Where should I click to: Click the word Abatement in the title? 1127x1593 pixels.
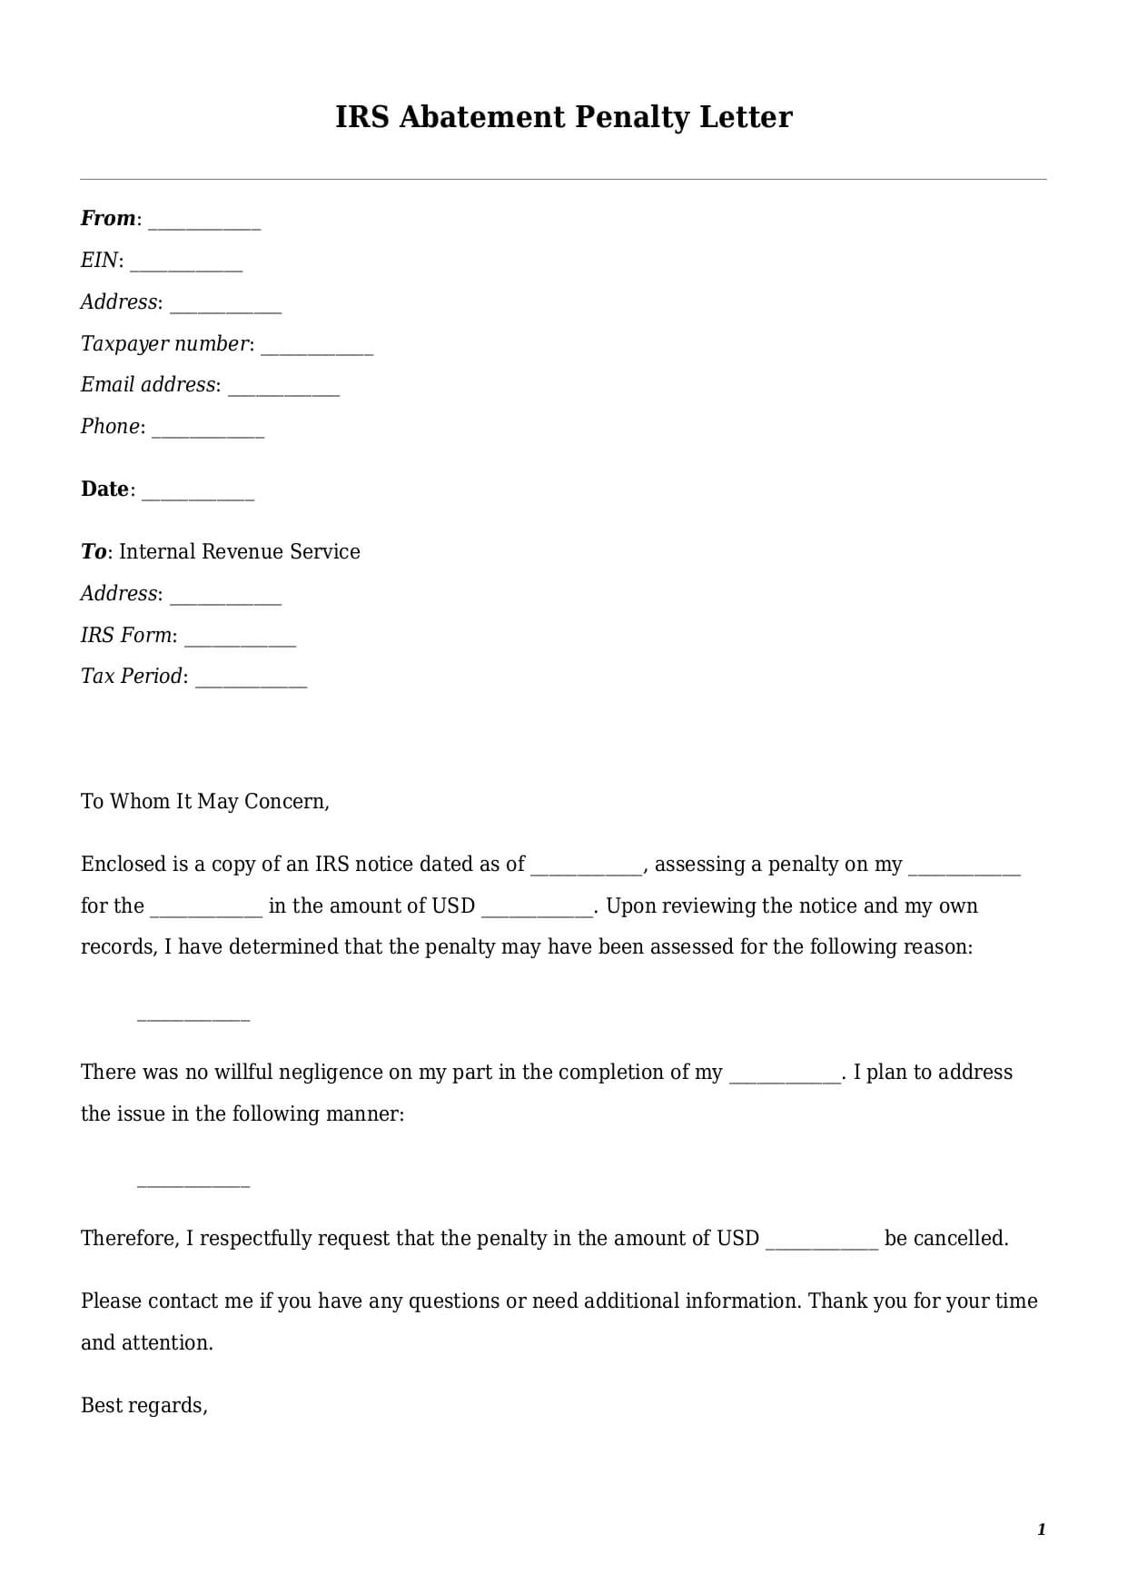(481, 117)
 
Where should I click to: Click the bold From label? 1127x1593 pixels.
(107, 218)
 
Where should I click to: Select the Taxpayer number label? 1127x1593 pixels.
(164, 343)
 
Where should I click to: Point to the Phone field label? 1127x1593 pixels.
(110, 426)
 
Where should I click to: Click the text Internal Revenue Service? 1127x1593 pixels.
(240, 551)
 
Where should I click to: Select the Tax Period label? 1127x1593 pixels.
(132, 676)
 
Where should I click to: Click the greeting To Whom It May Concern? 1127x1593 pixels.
(204, 801)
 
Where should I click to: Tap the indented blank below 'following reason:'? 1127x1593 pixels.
(193, 1018)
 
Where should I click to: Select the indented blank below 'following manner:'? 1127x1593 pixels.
(193, 1184)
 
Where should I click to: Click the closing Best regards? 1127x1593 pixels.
(143, 1405)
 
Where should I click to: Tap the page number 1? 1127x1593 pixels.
(1041, 1529)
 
